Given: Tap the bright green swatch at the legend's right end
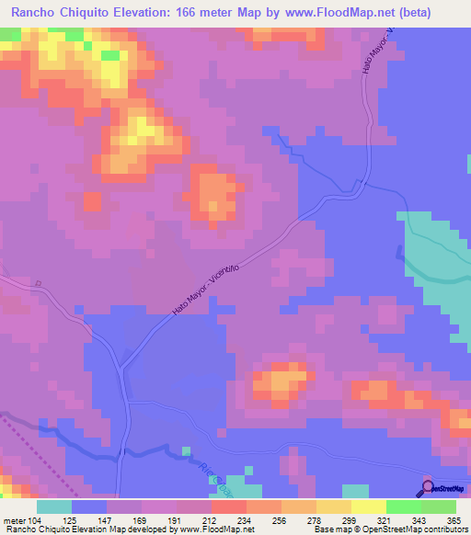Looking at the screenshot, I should (x=438, y=507).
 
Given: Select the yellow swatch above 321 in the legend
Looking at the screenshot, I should (x=368, y=507).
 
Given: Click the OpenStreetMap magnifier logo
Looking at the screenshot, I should (x=428, y=487).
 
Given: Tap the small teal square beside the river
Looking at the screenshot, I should (x=186, y=450).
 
